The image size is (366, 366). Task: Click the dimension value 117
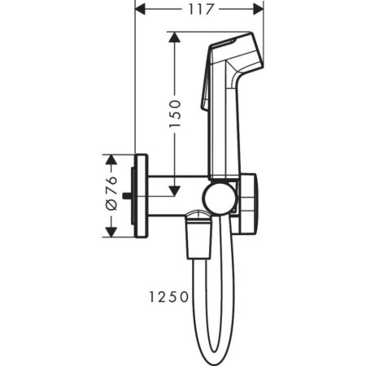coord(198,10)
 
